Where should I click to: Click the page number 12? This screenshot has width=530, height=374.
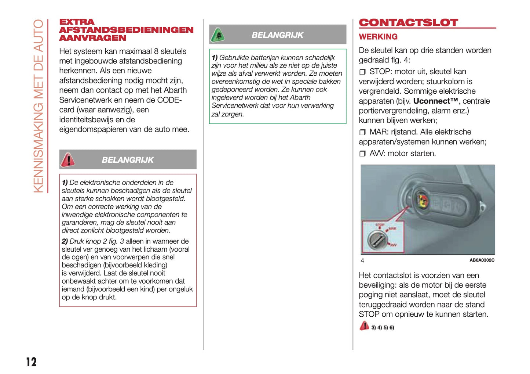pyautogui.click(x=32, y=362)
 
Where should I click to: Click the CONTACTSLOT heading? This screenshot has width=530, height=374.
pyautogui.click(x=408, y=23)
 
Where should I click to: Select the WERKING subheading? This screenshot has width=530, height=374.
pyautogui.click(x=378, y=37)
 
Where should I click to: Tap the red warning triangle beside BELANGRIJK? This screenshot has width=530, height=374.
pyautogui.click(x=68, y=160)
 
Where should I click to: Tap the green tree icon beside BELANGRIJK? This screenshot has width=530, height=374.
pyautogui.click(x=218, y=35)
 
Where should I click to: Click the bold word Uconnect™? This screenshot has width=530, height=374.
pyautogui.click(x=435, y=101)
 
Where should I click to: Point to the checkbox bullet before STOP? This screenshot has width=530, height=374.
pyautogui.click(x=362, y=72)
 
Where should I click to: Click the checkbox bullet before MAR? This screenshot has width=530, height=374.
pyautogui.click(x=362, y=132)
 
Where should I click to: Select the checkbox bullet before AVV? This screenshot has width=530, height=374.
pyautogui.click(x=362, y=154)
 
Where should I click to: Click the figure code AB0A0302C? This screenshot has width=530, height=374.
pyautogui.click(x=482, y=260)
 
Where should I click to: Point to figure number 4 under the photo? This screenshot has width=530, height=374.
pyautogui.click(x=362, y=260)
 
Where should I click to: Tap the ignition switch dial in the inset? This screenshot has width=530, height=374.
pyautogui.click(x=377, y=240)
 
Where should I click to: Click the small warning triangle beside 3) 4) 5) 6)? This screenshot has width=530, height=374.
pyautogui.click(x=364, y=326)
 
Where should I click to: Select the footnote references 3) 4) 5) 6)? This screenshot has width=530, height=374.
pyautogui.click(x=383, y=328)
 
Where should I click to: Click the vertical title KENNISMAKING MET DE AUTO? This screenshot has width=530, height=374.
pyautogui.click(x=39, y=107)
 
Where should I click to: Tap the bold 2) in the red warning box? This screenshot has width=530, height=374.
pyautogui.click(x=65, y=241)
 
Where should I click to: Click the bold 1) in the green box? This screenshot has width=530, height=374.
pyautogui.click(x=215, y=58)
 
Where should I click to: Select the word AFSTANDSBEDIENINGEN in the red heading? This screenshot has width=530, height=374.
pyautogui.click(x=126, y=30)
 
